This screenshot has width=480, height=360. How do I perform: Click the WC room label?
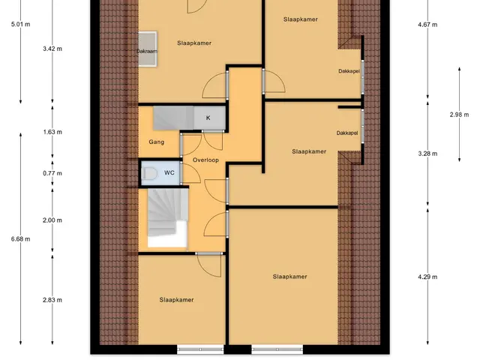click(x=169, y=172)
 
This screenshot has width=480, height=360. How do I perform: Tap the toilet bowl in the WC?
click(x=150, y=173)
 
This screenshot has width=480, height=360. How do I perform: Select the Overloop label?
click(x=205, y=160)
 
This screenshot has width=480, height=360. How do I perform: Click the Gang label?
click(x=157, y=142)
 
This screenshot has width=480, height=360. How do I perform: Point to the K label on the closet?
click(x=208, y=118)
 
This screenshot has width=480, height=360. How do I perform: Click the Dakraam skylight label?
click(x=147, y=51)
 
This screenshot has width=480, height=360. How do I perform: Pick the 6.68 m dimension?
click(x=20, y=239)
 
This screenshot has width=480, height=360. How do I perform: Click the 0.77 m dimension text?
click(x=52, y=173)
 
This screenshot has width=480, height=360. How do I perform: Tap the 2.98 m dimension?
click(x=459, y=115)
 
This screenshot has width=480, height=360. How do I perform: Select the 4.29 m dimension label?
click(x=427, y=277)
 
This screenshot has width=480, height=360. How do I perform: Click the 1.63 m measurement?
click(x=52, y=132)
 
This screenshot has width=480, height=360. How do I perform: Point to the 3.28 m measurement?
click(x=427, y=154)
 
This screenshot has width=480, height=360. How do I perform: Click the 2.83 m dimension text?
click(x=52, y=300)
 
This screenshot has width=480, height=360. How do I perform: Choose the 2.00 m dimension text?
click(x=52, y=220)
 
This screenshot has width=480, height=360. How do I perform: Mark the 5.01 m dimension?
click(x=20, y=24)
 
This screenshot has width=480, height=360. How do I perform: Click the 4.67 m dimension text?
click(x=427, y=25)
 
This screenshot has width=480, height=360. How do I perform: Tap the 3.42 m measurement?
click(x=52, y=49)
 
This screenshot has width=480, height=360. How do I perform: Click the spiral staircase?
click(x=168, y=217)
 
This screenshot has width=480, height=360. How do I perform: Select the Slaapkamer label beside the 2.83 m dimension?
click(x=177, y=300)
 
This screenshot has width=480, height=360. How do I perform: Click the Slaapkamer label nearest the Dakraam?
click(x=194, y=43)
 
